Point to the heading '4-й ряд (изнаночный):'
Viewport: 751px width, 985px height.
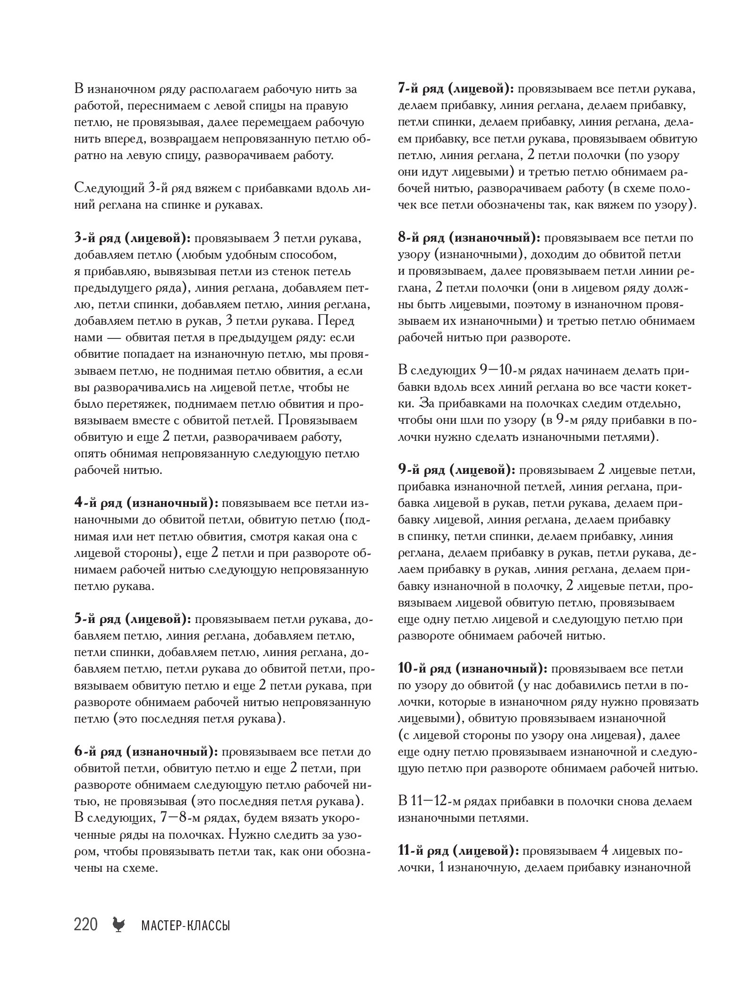(146, 503)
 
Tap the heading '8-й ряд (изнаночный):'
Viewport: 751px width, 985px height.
(470, 238)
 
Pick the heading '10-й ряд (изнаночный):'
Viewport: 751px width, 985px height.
(473, 669)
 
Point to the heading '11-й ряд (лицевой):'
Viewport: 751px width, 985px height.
(458, 851)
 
